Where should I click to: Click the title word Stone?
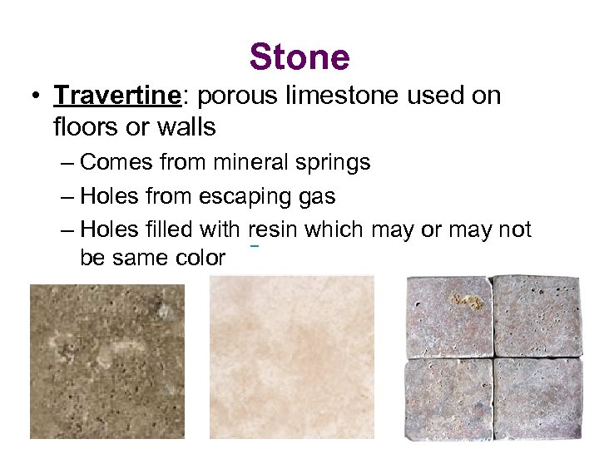pos(299,57)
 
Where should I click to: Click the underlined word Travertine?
pos(117,96)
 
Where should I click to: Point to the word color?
pos(198,258)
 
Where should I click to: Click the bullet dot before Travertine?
pos(34,96)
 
